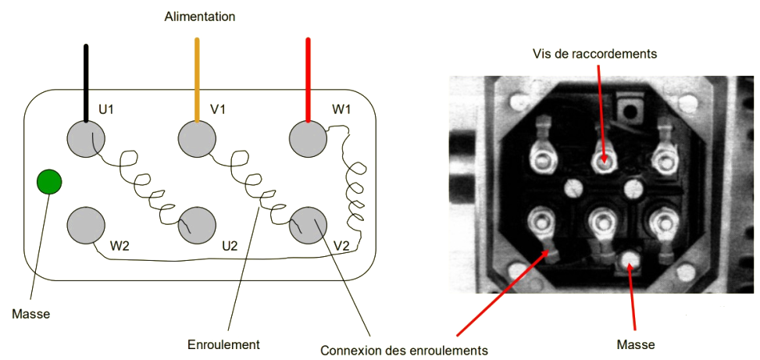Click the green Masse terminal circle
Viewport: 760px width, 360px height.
[49, 183]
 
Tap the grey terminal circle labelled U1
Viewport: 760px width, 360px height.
[85, 140]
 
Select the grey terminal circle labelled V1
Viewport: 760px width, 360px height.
[197, 140]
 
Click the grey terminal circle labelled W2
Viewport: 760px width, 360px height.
[85, 226]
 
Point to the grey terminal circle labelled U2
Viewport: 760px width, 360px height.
[197, 226]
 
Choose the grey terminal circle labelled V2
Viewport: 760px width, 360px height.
[308, 226]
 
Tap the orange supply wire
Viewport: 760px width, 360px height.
[197, 78]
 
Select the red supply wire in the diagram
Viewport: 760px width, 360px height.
[309, 78]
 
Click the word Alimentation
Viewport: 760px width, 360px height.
[199, 16]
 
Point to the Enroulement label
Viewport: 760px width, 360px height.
[223, 344]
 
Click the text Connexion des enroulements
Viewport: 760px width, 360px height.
[404, 350]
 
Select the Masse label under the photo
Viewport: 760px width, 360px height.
[635, 344]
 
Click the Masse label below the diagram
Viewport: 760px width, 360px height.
[31, 314]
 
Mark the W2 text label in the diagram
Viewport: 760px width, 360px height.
[120, 245]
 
